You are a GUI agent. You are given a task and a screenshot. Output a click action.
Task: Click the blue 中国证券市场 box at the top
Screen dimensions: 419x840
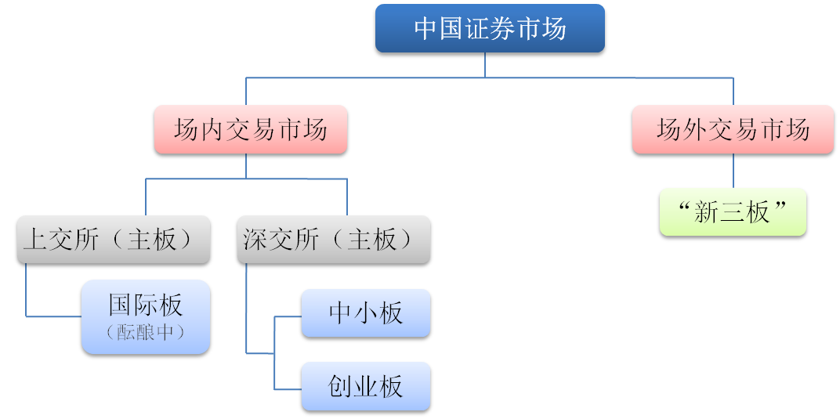click(490, 30)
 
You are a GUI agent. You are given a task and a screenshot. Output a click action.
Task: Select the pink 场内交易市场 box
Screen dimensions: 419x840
click(250, 129)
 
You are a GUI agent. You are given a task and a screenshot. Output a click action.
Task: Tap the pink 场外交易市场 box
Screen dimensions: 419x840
click(733, 129)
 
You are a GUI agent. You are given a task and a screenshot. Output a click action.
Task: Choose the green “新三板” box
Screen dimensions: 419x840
click(733, 211)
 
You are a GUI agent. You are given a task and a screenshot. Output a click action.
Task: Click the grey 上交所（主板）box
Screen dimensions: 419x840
click(113, 239)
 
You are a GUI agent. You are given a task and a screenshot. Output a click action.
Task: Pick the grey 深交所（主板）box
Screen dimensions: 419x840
click(333, 239)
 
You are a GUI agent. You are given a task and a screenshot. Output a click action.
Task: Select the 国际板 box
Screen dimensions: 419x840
click(146, 317)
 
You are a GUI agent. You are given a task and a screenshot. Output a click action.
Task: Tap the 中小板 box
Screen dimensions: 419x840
click(365, 313)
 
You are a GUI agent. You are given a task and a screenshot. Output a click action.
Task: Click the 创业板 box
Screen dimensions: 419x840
click(365, 386)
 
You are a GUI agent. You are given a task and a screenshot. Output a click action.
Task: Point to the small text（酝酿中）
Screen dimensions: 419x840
click(146, 332)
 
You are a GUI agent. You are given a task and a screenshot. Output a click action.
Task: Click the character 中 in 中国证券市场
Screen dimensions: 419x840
click(425, 30)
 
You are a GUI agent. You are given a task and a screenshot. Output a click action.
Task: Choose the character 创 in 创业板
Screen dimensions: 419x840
click(340, 386)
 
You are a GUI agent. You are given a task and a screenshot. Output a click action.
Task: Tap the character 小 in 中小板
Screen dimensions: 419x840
click(365, 313)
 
